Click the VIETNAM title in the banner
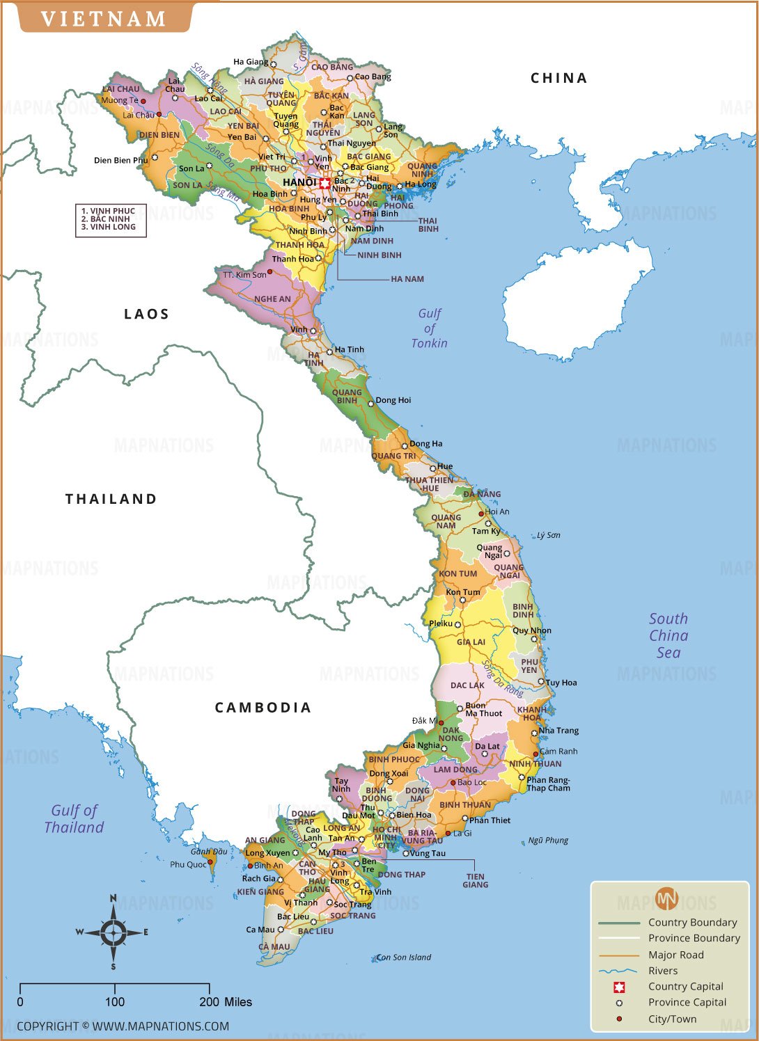point(104,18)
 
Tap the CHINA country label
point(558,78)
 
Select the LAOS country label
point(146,314)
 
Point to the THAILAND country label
point(111,499)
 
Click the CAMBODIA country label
point(263,708)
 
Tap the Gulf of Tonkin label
point(429,328)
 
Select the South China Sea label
point(668,635)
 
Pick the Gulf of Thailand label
point(74,818)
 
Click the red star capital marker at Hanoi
point(325,183)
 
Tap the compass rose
point(113,932)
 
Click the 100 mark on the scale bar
point(115,1002)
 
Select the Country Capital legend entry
point(685,986)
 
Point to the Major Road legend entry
point(675,955)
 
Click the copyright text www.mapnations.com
point(123,1026)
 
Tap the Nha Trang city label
point(558,730)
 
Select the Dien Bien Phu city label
point(120,160)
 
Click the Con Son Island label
point(405,957)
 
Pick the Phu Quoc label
point(188,864)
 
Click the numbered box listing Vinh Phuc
point(111,219)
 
